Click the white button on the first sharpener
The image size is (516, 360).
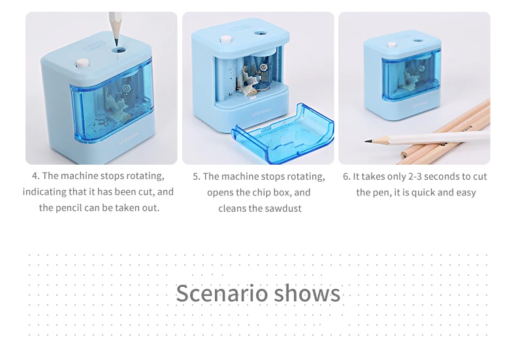(x=82, y=63)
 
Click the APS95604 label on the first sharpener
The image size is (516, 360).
(x=128, y=139)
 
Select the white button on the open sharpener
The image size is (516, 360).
(x=226, y=39)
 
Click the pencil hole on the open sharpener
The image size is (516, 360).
(x=261, y=33)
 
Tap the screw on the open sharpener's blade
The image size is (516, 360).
(x=263, y=67)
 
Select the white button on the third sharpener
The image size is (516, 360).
(x=392, y=44)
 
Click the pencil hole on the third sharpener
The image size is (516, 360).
(x=418, y=41)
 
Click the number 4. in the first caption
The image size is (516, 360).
(x=36, y=176)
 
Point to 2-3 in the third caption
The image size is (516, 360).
(x=415, y=176)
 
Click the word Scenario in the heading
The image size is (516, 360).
(x=222, y=293)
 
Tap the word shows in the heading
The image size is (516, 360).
(x=308, y=293)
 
